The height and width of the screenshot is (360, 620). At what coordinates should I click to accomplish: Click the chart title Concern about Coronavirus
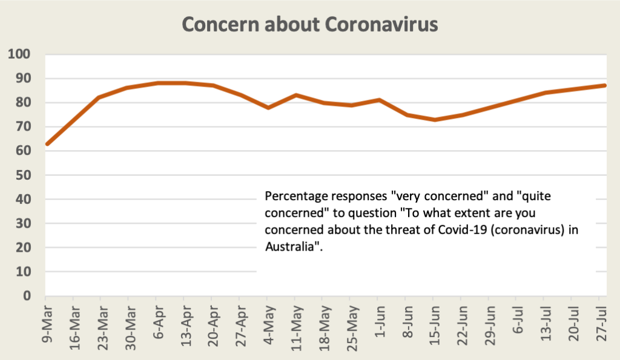[309, 25]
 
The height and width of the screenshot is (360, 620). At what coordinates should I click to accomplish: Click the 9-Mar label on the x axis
[46, 324]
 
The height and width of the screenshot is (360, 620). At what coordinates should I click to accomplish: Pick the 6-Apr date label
[157, 324]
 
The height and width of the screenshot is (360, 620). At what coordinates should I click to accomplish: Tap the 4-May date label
[268, 324]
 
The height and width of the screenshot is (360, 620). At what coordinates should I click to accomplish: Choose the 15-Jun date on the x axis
[434, 326]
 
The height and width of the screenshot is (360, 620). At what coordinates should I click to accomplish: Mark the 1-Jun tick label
[378, 324]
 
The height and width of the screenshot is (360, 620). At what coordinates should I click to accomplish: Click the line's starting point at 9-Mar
[47, 144]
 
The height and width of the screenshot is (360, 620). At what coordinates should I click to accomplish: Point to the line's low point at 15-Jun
[434, 120]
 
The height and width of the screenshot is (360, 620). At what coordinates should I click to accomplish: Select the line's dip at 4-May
[268, 108]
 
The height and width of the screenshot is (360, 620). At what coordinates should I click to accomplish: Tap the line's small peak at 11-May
[295, 95]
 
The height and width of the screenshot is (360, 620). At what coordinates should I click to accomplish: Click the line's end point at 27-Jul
[604, 85]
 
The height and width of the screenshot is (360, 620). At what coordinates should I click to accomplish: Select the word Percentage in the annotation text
[294, 197]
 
